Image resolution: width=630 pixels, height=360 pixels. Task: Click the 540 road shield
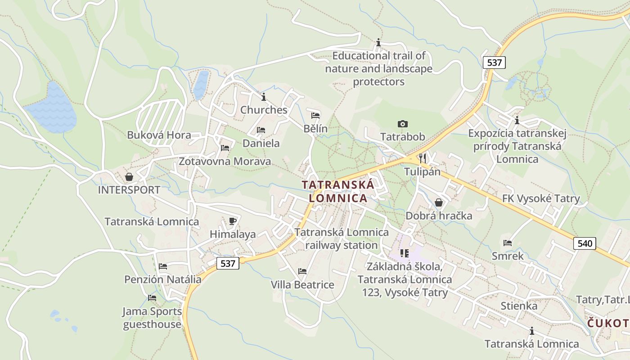pyautogui.click(x=585, y=243)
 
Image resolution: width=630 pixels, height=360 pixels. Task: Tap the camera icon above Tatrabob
pyautogui.click(x=402, y=124)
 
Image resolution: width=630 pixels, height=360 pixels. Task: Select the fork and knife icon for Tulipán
pyautogui.click(x=422, y=158)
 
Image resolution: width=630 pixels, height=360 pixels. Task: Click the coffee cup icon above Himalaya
pyautogui.click(x=233, y=220)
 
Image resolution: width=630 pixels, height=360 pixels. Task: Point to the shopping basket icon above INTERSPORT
pyautogui.click(x=129, y=176)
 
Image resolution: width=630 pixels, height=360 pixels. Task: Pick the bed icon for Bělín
pyautogui.click(x=315, y=115)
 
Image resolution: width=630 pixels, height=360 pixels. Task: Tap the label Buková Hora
pyautogui.click(x=159, y=135)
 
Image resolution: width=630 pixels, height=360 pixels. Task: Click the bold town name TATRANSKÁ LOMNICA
pyautogui.click(x=338, y=191)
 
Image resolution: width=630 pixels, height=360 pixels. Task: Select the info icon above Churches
pyautogui.click(x=264, y=96)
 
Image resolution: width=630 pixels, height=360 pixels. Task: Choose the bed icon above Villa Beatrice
pyautogui.click(x=302, y=271)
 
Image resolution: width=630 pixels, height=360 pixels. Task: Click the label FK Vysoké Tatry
pyautogui.click(x=541, y=198)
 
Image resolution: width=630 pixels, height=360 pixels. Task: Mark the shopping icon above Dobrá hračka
pyautogui.click(x=439, y=202)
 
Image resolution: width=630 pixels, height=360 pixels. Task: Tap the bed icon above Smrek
pyautogui.click(x=508, y=243)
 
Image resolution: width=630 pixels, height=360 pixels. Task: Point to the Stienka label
pyautogui.click(x=519, y=306)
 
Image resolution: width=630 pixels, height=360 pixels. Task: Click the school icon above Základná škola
pyautogui.click(x=405, y=253)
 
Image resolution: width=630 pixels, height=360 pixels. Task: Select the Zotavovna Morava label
pyautogui.click(x=225, y=161)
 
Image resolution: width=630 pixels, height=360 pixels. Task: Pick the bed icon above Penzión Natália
pyautogui.click(x=163, y=266)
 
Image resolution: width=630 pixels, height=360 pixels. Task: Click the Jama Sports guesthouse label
pyautogui.click(x=152, y=318)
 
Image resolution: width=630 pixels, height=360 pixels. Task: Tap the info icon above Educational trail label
pyautogui.click(x=378, y=43)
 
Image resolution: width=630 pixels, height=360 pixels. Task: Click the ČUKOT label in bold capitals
pyautogui.click(x=608, y=323)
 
